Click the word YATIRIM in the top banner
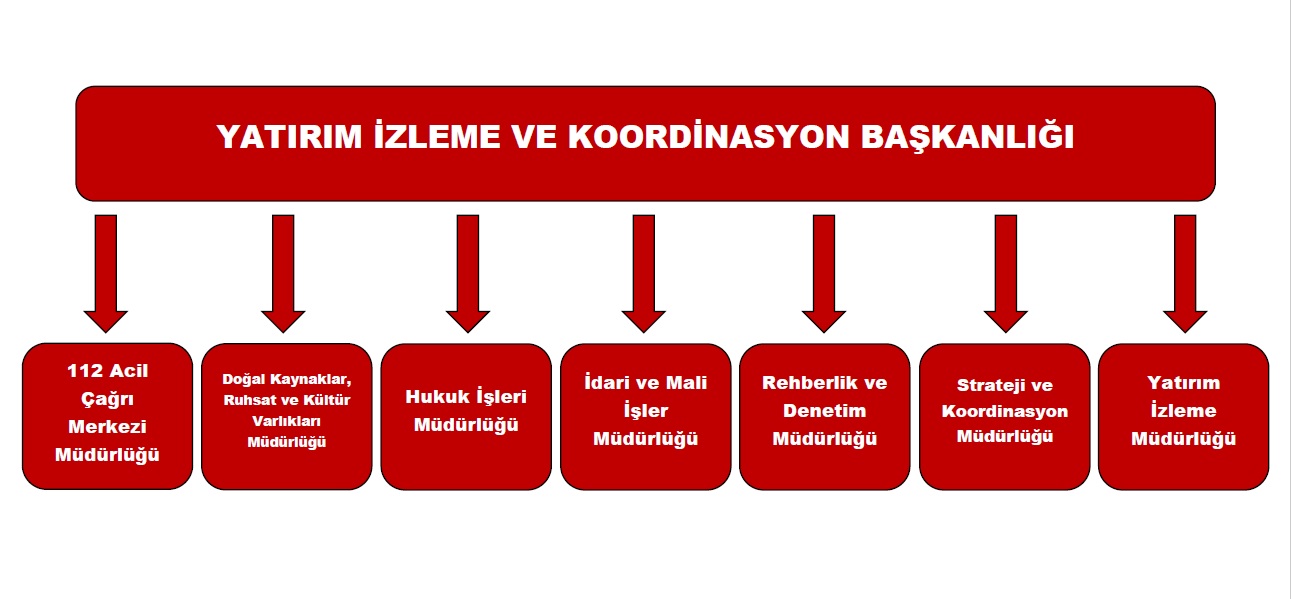pyautogui.click(x=289, y=137)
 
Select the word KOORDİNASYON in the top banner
pyautogui.click(x=709, y=137)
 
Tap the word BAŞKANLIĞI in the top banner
pyautogui.click(x=968, y=137)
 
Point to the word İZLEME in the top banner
pyautogui.click(x=437, y=137)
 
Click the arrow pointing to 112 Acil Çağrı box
pyautogui.click(x=106, y=274)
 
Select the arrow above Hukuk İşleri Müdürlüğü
pyautogui.click(x=468, y=274)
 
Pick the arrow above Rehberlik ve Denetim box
pyautogui.click(x=824, y=274)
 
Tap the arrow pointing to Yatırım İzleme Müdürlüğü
pyautogui.click(x=1185, y=274)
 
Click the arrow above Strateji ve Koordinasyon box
pyautogui.click(x=1006, y=274)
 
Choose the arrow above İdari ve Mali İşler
pyautogui.click(x=644, y=274)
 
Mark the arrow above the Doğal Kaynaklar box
pyautogui.click(x=283, y=274)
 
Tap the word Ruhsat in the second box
pyautogui.click(x=242, y=400)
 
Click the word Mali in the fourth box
pyautogui.click(x=686, y=383)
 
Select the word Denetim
pyautogui.click(x=825, y=410)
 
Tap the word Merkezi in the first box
pyautogui.click(x=107, y=427)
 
